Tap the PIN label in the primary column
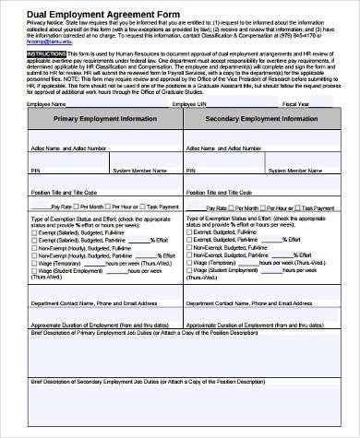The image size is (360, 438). [35, 171]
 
